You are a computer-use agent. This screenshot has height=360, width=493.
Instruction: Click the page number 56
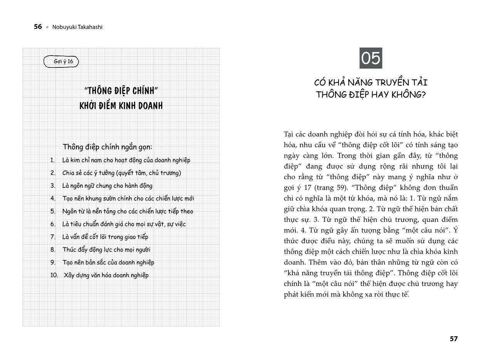(x=38, y=27)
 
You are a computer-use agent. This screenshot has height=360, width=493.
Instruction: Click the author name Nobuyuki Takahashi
(x=77, y=27)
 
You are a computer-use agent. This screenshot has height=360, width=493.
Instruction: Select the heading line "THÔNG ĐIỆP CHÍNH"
(x=121, y=91)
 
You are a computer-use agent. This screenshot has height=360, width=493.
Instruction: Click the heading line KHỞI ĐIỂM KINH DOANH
(x=121, y=106)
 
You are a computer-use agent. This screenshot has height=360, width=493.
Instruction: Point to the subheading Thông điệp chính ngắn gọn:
(x=107, y=147)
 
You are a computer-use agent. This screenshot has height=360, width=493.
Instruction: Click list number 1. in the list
(x=53, y=160)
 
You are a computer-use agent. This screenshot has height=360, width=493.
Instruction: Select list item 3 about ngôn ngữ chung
(x=107, y=186)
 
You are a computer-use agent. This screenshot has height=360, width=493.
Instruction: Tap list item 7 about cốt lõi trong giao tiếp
(x=105, y=237)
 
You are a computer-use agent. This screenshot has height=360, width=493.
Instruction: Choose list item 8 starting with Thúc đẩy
(x=106, y=250)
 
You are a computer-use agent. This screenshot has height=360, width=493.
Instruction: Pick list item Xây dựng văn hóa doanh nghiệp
(x=106, y=275)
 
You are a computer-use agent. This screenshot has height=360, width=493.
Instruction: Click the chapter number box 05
(x=371, y=58)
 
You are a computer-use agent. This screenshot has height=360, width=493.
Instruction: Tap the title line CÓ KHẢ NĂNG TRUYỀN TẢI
(x=371, y=82)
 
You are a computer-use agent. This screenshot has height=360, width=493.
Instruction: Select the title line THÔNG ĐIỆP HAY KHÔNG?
(x=371, y=95)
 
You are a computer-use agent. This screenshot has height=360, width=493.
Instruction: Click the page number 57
(x=454, y=339)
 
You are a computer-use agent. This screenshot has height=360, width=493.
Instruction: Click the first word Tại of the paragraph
(x=289, y=135)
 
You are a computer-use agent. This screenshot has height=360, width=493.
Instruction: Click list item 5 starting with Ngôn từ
(x=127, y=211)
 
